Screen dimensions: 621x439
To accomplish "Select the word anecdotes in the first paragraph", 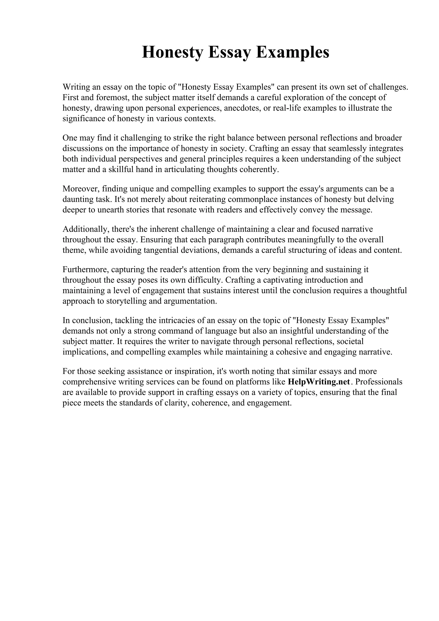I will pos(242,108).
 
